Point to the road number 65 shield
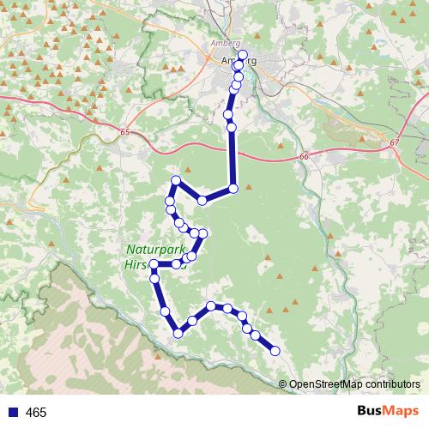click(x=125, y=132)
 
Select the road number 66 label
click(x=304, y=156)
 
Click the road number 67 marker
click(x=394, y=142)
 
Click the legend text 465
click(x=36, y=413)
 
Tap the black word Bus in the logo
click(x=369, y=411)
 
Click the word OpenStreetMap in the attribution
click(x=330, y=384)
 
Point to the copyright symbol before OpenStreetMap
click(x=284, y=384)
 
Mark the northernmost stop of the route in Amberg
click(x=243, y=56)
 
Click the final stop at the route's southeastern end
click(x=275, y=350)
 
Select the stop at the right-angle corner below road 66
click(x=233, y=188)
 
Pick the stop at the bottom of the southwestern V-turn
click(x=178, y=333)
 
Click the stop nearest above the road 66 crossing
click(x=232, y=127)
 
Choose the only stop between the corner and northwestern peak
click(x=202, y=200)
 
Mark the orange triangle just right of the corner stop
click(x=248, y=184)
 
